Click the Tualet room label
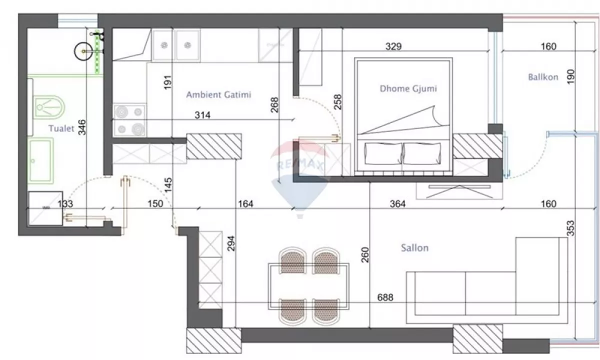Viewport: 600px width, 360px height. point(61,128)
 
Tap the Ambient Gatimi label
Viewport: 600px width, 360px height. point(218,94)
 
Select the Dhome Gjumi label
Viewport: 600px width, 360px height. point(408,88)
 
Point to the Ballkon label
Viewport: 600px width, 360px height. point(543,77)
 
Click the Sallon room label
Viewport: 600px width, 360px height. point(414,248)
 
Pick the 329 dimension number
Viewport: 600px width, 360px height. point(393,46)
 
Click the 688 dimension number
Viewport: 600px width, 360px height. point(385,297)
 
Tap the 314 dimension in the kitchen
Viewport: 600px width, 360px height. point(202,115)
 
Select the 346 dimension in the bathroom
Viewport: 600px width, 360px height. point(82,127)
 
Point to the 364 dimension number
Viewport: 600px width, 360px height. point(397,204)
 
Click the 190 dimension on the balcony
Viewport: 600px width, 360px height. point(571,76)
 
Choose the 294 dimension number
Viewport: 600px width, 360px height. point(231,243)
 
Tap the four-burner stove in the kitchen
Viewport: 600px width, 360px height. point(129,119)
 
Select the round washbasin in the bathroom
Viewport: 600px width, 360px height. point(83,51)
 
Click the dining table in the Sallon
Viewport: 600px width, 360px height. point(308,286)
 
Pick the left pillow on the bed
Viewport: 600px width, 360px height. point(383,154)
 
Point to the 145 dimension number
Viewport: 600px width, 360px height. point(168,185)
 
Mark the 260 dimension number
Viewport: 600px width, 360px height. point(365,254)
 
